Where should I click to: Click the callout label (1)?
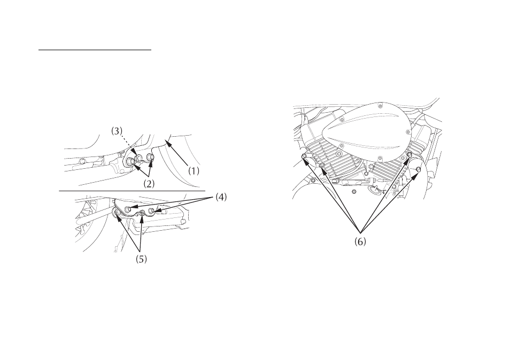tap(194, 171)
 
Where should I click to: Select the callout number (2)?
tap(149, 184)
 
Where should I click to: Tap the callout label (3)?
tap(117, 131)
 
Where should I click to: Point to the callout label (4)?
tap(221, 197)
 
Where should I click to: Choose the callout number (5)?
tap(141, 259)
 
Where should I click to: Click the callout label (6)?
tap(360, 242)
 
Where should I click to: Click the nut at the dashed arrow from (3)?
tap(139, 158)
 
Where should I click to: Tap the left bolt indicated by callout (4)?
tap(128, 208)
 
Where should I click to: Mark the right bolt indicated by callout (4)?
tap(151, 212)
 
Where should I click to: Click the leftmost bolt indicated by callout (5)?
tap(117, 213)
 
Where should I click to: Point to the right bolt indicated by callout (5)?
tap(142, 214)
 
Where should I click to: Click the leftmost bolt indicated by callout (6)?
tap(304, 157)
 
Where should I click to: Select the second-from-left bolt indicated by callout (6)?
tap(322, 166)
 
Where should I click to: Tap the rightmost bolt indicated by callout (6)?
tap(418, 170)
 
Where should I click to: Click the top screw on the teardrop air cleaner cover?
tap(379, 106)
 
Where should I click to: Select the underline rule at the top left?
tap(95, 50)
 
